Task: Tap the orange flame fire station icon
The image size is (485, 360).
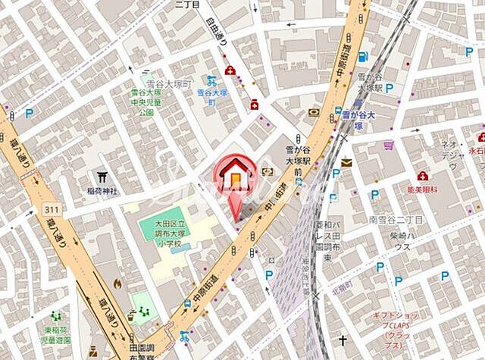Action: click(117, 283)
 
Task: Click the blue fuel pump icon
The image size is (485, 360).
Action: click(362, 57)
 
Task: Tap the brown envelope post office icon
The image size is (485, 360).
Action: click(346, 162)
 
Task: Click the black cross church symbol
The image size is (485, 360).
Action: click(343, 340)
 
